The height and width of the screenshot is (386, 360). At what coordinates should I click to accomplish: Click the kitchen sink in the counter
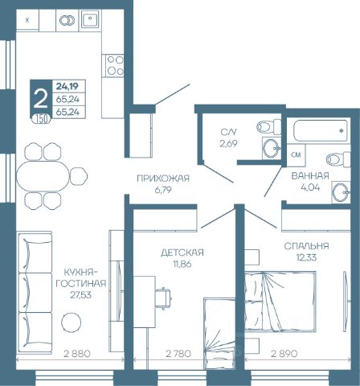[90, 18]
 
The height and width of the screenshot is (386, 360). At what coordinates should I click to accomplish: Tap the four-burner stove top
[114, 65]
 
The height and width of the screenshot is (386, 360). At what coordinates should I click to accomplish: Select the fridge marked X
[27, 20]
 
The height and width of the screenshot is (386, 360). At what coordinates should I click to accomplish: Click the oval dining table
[43, 176]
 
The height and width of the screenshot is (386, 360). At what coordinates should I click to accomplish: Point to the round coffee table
[71, 322]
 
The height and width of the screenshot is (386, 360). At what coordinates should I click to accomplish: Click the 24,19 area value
[67, 86]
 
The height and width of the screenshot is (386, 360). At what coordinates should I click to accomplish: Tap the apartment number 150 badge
[41, 119]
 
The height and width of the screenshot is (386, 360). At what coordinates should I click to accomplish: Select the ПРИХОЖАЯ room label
[163, 179]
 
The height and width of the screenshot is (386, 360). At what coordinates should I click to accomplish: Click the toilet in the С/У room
[268, 127]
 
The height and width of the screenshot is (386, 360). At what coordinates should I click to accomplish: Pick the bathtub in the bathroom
[321, 131]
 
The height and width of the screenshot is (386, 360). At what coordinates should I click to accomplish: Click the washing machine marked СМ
[296, 155]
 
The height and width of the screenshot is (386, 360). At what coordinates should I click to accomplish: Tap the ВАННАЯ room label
[310, 176]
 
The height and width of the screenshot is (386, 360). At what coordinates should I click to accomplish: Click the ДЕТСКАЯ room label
[182, 253]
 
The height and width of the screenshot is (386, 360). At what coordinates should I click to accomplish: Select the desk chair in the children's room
[163, 298]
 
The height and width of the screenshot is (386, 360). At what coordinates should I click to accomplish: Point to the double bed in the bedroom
[280, 302]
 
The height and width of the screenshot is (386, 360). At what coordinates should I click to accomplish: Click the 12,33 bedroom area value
[306, 257]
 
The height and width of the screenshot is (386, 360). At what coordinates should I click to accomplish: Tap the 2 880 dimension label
[77, 354]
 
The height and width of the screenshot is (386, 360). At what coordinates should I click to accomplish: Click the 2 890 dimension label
[284, 354]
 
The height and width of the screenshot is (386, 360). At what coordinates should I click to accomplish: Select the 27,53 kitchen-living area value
[80, 295]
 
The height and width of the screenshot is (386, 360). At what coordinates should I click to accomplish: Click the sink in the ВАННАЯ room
[341, 192]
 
